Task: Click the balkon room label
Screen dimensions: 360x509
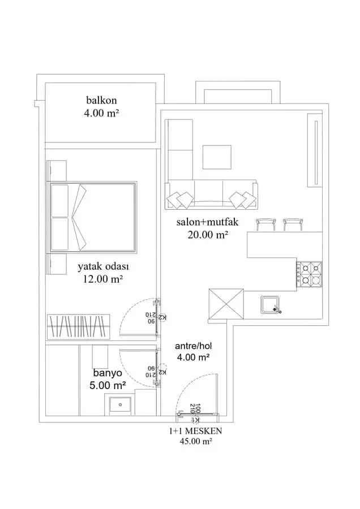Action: pos(101,100)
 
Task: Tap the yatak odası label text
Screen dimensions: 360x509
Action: pos(104,267)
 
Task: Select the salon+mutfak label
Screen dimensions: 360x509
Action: pos(207,222)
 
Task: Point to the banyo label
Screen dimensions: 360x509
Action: pos(108,373)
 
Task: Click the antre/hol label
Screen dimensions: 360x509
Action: pos(194,346)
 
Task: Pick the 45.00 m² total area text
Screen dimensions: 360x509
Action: pos(196,442)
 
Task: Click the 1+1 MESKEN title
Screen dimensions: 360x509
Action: pos(196,431)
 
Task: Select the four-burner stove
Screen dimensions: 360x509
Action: pos(309,274)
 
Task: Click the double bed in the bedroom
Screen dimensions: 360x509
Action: pos(92,217)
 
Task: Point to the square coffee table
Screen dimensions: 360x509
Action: pos(217,157)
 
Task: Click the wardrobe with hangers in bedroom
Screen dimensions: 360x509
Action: pos(79,326)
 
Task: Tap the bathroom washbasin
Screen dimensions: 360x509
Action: pos(120,404)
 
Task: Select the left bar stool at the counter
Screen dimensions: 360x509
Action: pos(266,225)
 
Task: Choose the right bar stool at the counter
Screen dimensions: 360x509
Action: pos(293,225)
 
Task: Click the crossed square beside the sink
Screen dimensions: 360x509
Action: pos(226,304)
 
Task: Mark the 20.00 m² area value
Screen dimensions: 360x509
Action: pos(207,234)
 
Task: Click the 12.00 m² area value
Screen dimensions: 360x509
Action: pos(103,279)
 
